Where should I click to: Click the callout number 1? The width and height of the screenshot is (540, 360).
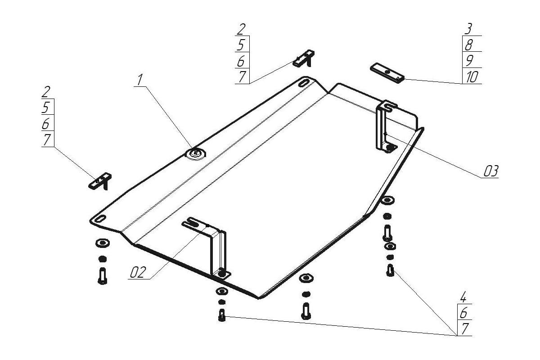140,80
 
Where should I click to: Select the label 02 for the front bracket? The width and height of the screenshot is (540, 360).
139,272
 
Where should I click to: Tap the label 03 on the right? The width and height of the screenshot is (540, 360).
491,171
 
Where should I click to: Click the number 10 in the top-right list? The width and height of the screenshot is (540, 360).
472,77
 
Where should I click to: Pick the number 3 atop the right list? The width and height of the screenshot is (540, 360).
468,29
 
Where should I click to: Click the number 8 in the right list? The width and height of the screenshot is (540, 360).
468,45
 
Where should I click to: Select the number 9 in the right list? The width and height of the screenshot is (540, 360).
468,60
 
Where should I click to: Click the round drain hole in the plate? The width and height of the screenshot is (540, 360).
195,154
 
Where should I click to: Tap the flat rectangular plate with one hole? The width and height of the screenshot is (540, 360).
387,72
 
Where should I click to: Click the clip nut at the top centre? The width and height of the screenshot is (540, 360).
304,58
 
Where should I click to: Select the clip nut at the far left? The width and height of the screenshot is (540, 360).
100,180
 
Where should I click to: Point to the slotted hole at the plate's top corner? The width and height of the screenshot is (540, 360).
304,83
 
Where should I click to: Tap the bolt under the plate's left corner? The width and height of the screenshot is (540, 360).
103,275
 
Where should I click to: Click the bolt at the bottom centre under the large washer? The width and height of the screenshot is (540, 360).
306,310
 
